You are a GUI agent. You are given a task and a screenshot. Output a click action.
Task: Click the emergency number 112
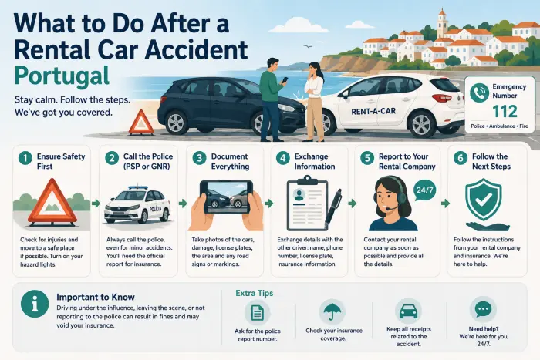(x=505, y=111)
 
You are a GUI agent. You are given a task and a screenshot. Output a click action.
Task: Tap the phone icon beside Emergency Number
(x=479, y=93)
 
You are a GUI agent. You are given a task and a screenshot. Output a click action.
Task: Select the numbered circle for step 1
(x=25, y=158)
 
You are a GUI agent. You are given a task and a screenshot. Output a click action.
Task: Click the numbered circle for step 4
(x=283, y=158)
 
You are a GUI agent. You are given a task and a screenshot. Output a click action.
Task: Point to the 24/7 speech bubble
(x=424, y=190)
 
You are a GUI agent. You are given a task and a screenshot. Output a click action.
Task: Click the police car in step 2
(x=137, y=205)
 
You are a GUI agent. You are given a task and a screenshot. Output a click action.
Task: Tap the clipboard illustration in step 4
(x=307, y=203)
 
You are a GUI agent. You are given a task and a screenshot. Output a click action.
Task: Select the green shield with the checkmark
(x=483, y=200)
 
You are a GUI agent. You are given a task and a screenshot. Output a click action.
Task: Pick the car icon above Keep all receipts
(x=408, y=311)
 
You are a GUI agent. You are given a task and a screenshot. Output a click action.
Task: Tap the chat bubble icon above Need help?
(x=483, y=309)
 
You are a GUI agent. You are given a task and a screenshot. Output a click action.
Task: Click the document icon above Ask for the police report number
(x=257, y=312)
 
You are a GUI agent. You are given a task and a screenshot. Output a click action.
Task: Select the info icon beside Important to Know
(x=35, y=304)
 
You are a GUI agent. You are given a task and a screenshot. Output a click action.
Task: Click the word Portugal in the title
(x=62, y=76)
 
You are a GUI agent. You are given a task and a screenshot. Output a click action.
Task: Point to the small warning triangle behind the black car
(x=141, y=122)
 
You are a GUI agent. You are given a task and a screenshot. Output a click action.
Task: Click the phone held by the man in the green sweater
(x=285, y=80)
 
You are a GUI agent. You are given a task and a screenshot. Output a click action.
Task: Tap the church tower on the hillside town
(x=441, y=22)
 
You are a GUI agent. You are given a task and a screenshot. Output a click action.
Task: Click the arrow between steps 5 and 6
(x=445, y=204)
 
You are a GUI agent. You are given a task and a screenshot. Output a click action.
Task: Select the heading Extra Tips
(x=255, y=293)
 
